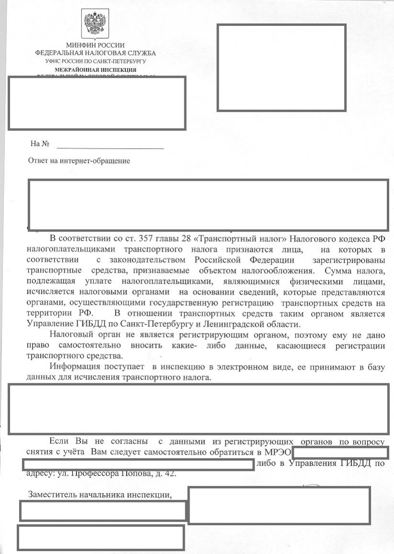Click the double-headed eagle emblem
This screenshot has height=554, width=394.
(x=95, y=23)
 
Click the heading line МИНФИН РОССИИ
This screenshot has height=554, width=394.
(x=95, y=46)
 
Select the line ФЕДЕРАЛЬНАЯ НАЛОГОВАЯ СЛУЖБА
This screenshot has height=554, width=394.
(x=95, y=53)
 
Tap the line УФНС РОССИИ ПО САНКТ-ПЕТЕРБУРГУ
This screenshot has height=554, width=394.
(x=95, y=61)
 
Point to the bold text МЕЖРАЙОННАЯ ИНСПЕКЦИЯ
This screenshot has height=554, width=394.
(x=95, y=69)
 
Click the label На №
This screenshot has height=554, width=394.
(x=40, y=144)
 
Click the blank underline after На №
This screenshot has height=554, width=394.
(x=110, y=147)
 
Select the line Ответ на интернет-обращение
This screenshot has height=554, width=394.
(x=79, y=161)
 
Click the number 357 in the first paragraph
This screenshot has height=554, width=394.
(x=146, y=239)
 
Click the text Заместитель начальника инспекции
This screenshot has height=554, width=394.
(x=100, y=495)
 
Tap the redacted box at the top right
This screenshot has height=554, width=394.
(x=281, y=68)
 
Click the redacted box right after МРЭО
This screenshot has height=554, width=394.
(x=340, y=452)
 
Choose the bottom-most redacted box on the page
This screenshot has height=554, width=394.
(x=101, y=537)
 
